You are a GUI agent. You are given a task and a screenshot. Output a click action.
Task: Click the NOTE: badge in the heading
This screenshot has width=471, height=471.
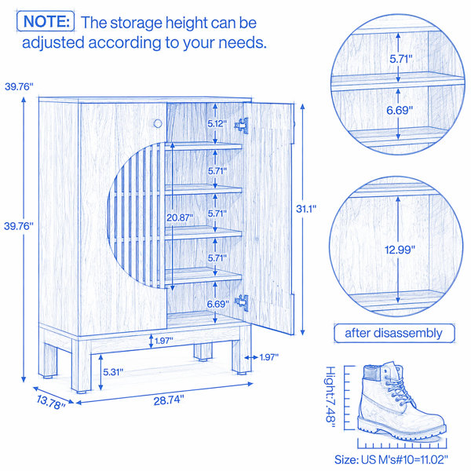[x=46, y=21]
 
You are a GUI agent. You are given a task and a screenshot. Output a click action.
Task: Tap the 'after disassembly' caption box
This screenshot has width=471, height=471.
[x=394, y=333]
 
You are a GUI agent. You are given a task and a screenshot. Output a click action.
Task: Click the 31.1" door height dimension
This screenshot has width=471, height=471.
[x=306, y=209]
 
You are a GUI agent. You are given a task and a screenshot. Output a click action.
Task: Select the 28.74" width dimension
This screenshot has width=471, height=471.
[x=169, y=400]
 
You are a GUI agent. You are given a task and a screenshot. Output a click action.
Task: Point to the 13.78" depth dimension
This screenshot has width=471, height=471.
[x=51, y=402]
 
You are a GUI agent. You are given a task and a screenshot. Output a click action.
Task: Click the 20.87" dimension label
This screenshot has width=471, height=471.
[x=180, y=217]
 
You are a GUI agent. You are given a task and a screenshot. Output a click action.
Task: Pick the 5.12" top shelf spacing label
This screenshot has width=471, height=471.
[x=217, y=123]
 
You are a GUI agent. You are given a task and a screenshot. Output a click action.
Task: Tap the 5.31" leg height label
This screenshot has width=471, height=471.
[x=113, y=372]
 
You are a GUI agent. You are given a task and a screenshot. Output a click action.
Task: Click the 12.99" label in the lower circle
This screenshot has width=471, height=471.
[x=400, y=250]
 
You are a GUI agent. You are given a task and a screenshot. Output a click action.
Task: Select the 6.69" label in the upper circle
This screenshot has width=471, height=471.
[x=400, y=110]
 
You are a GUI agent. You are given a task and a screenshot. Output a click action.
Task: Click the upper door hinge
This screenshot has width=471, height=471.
[x=242, y=126]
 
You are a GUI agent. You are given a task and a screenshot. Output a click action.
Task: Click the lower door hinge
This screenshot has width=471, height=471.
[x=242, y=302]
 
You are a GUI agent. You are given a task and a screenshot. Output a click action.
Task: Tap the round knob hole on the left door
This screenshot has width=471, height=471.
[x=158, y=123]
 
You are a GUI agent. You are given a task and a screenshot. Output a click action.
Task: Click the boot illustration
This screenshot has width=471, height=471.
[x=401, y=400]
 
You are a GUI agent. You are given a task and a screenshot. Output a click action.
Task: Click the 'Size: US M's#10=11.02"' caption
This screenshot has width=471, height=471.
[x=391, y=459]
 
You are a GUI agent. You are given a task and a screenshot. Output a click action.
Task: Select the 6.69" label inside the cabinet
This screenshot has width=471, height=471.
[x=217, y=304]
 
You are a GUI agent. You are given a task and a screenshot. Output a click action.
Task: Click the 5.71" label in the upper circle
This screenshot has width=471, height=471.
[x=401, y=59]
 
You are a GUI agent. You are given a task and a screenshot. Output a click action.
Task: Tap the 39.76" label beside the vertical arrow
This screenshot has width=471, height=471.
[x=19, y=226]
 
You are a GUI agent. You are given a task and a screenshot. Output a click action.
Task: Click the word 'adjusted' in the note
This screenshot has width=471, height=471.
[x=53, y=42]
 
